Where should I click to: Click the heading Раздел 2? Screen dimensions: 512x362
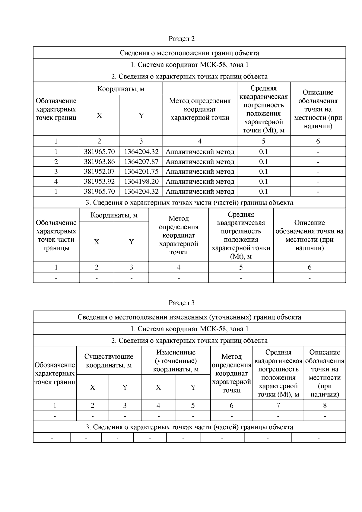[182, 39]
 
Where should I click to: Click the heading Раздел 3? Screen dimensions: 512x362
[182, 303]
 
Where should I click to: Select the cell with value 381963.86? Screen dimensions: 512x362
[99, 162]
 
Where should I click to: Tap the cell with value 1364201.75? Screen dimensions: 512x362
[141, 172]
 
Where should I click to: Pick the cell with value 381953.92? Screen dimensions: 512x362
[99, 182]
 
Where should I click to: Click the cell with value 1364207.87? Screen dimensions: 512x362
[141, 162]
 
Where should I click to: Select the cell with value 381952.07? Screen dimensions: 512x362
[99, 172]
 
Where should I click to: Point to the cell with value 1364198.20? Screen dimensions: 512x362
[141, 182]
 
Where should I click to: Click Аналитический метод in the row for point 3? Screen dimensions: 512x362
[200, 172]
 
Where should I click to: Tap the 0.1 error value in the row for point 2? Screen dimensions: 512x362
[263, 162]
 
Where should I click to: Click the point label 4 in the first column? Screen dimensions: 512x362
[56, 182]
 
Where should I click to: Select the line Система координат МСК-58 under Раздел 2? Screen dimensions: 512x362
[189, 65]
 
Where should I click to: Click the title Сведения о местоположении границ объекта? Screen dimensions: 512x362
[189, 53]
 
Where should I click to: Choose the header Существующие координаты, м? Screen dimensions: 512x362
[109, 361]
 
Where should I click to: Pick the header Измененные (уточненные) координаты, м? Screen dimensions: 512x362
[176, 361]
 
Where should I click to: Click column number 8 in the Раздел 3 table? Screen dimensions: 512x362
[325, 405]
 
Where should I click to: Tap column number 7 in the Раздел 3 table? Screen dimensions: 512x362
[278, 405]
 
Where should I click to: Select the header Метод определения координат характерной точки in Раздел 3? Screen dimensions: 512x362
[231, 373]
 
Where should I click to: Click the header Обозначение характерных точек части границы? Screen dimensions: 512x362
[56, 235]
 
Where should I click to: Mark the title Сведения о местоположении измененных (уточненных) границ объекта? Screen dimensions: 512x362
[189, 317]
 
